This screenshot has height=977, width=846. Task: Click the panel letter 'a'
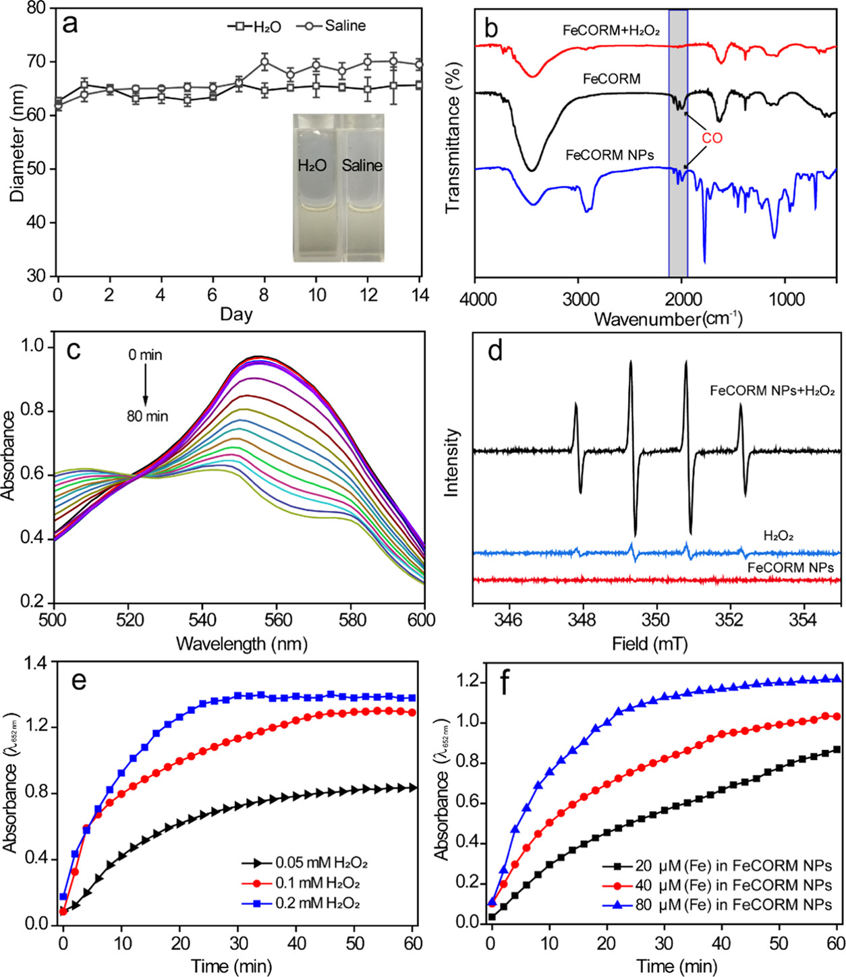tap(69, 25)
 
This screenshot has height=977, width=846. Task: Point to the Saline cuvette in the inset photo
tap(362, 182)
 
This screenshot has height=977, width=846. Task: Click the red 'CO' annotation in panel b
tap(712, 138)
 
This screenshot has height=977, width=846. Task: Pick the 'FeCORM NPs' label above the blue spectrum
tap(609, 155)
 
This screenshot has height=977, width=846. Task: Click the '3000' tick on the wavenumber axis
tap(581, 299)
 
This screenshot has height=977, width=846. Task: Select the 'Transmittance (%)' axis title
tap(453, 138)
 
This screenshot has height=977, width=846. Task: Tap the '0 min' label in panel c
tap(146, 355)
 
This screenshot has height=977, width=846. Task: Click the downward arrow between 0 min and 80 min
tap(145, 384)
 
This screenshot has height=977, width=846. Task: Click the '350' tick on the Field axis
tap(655, 619)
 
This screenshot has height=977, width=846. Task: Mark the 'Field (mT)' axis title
tap(649, 644)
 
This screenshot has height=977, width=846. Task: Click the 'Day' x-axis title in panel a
tap(236, 314)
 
